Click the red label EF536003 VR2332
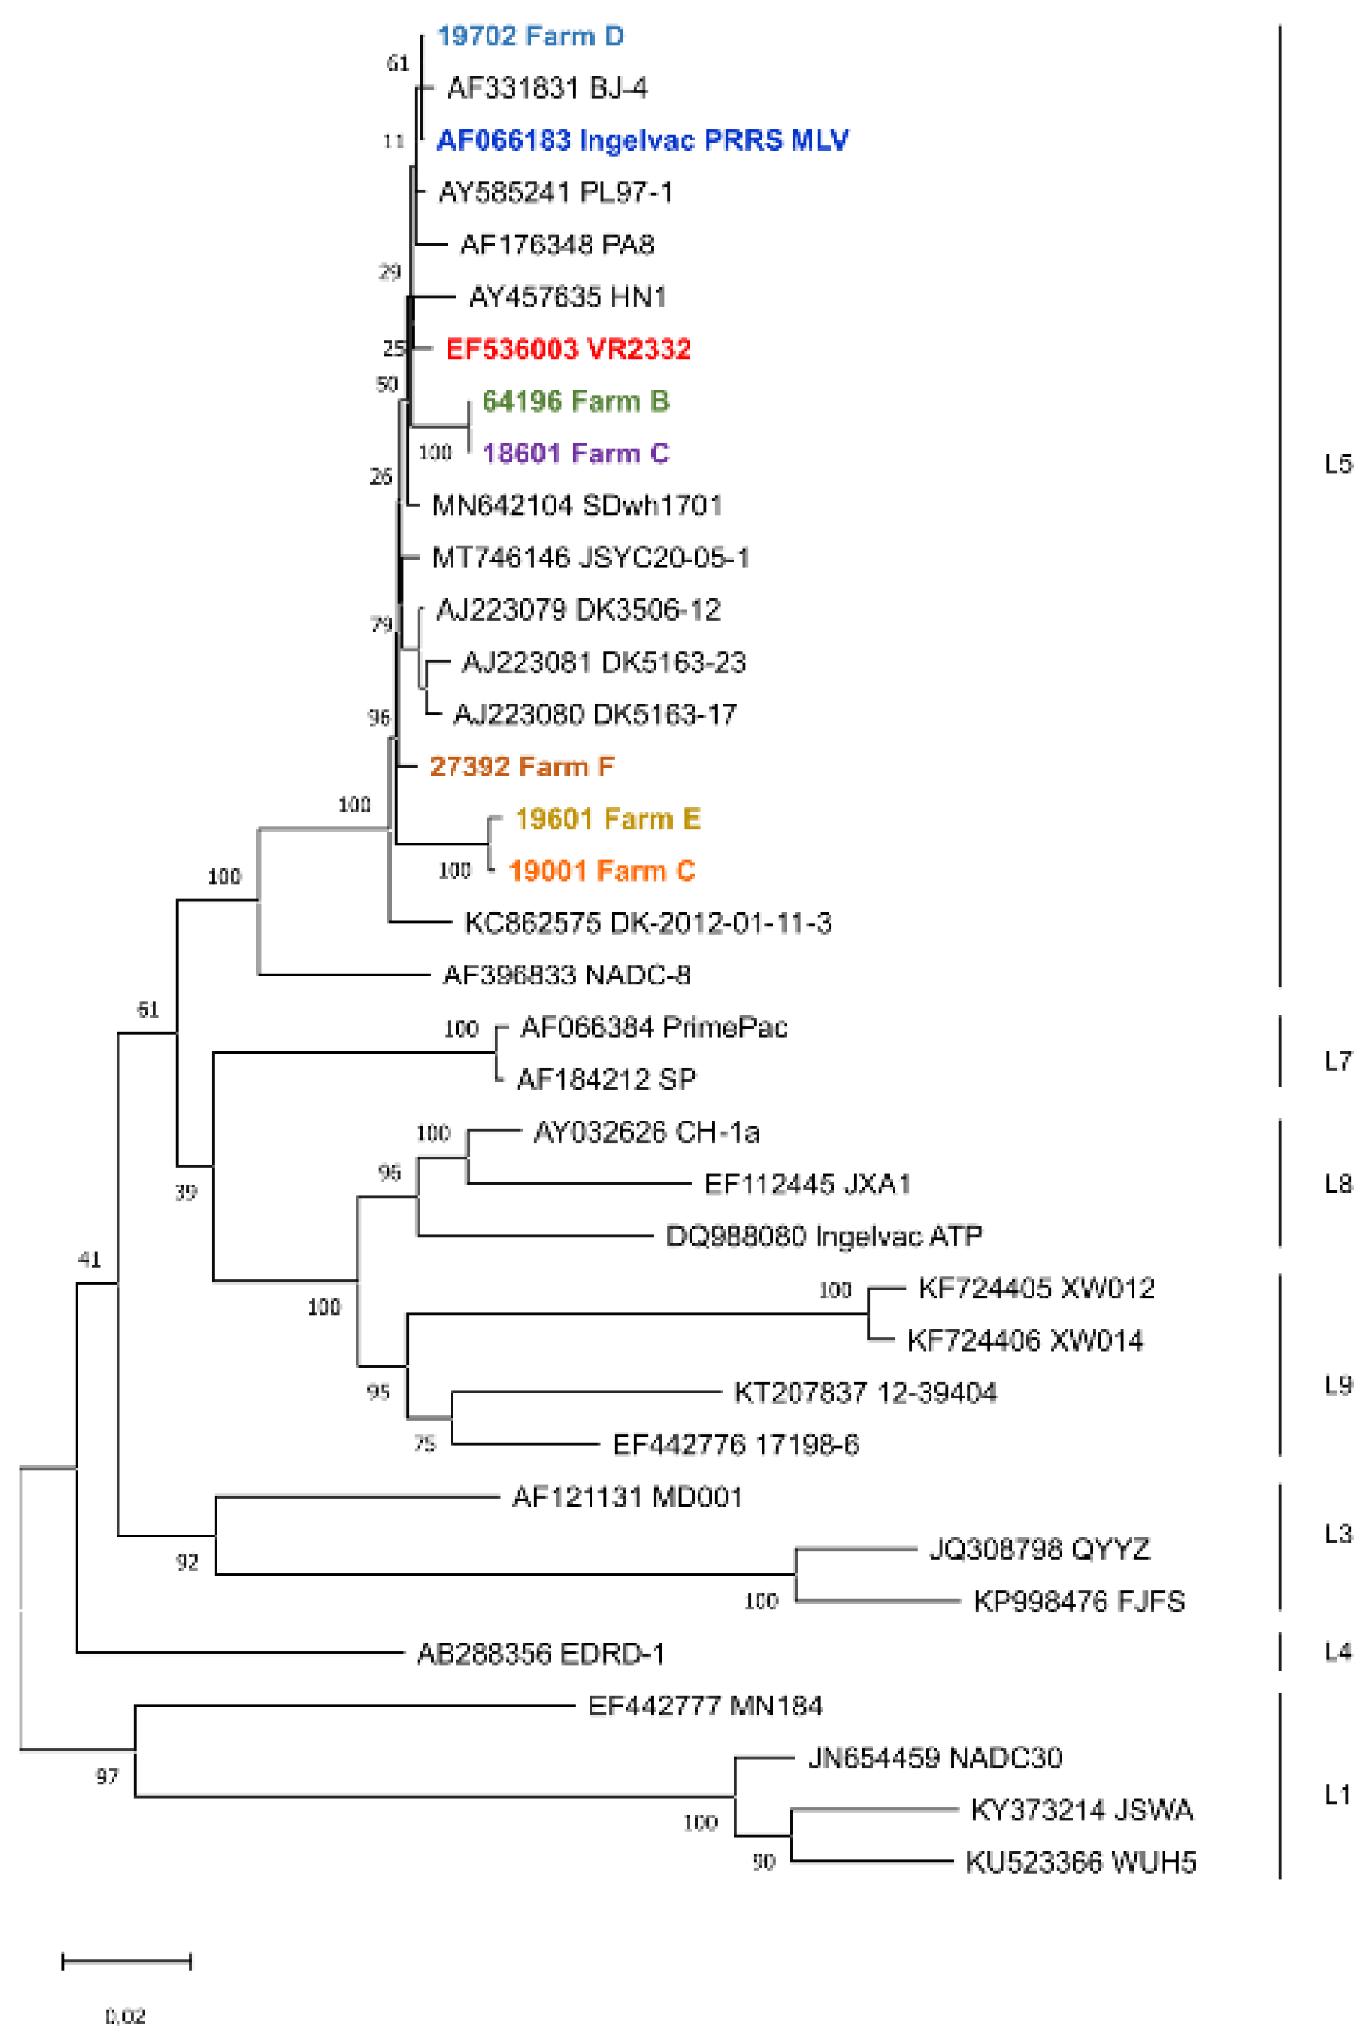[x=568, y=349]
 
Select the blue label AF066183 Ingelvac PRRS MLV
[x=642, y=140]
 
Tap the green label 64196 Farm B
[x=576, y=401]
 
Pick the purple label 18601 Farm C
[x=576, y=454]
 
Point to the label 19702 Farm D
[x=531, y=36]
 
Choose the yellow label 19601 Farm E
[x=608, y=819]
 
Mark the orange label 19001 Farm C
[x=601, y=871]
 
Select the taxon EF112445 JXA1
[x=808, y=1185]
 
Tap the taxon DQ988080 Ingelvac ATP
[x=823, y=1236]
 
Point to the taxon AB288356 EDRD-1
[x=541, y=1653]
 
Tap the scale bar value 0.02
[x=125, y=2016]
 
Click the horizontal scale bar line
[x=127, y=1962]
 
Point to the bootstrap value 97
[x=107, y=1776]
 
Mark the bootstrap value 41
[x=89, y=1260]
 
